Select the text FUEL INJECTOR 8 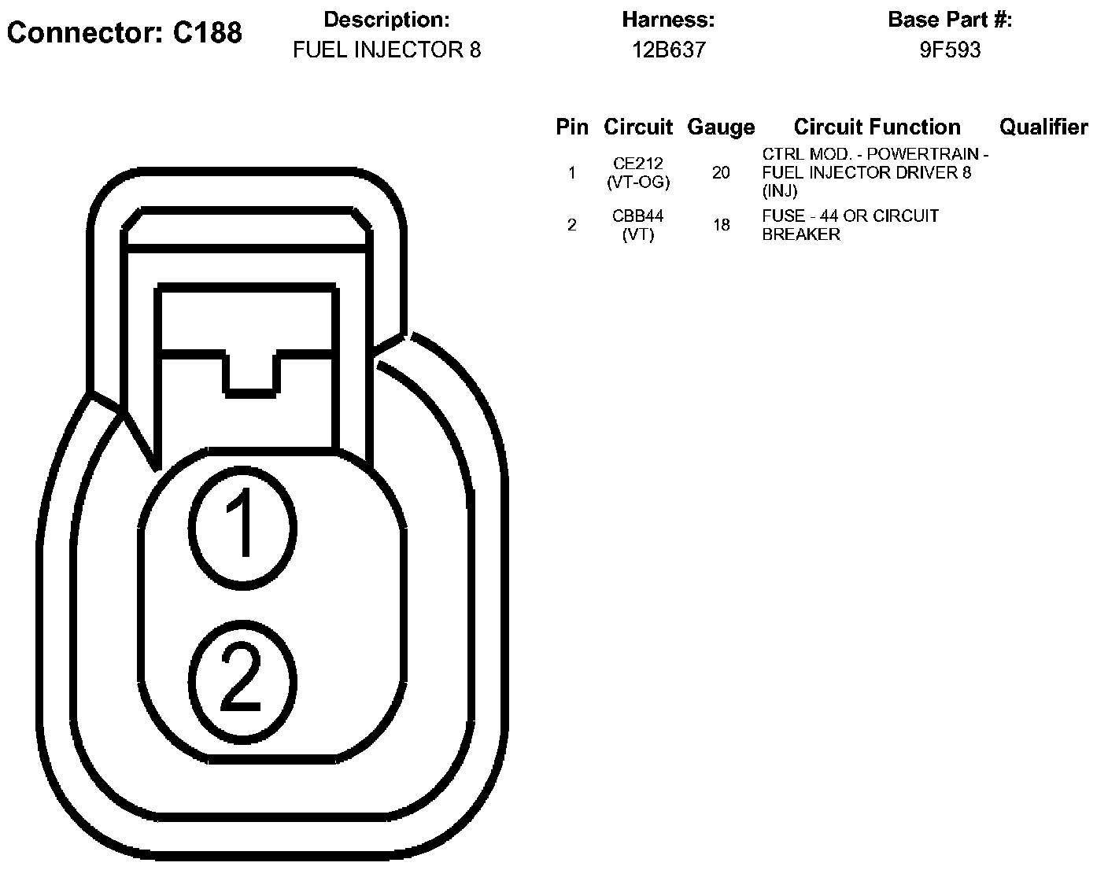click(386, 50)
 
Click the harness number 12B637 click(668, 50)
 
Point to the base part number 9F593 click(950, 50)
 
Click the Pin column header click(572, 127)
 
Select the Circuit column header click(638, 127)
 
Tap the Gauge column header click(721, 127)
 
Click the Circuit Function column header click(877, 127)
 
